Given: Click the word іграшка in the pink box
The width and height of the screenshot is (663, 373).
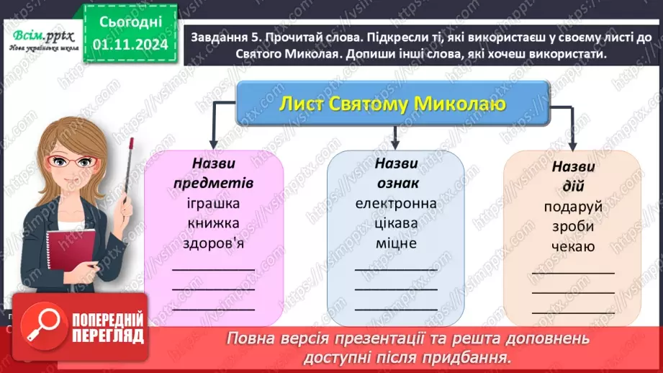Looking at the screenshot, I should [x=215, y=203].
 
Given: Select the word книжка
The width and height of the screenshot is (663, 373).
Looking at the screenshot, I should [x=215, y=223].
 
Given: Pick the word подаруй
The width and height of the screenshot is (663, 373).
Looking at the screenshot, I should [x=573, y=207].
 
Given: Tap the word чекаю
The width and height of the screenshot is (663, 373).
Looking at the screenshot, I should [x=573, y=246].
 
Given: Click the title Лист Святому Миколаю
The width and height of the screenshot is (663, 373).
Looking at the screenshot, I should [x=392, y=105].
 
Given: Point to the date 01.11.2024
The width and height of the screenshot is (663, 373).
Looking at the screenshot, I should [x=131, y=45].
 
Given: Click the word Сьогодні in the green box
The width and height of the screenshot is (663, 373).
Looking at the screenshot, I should [x=131, y=23].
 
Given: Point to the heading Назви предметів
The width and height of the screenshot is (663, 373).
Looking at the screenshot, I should [x=215, y=173].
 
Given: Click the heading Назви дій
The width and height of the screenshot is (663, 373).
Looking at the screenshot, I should [x=573, y=176].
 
